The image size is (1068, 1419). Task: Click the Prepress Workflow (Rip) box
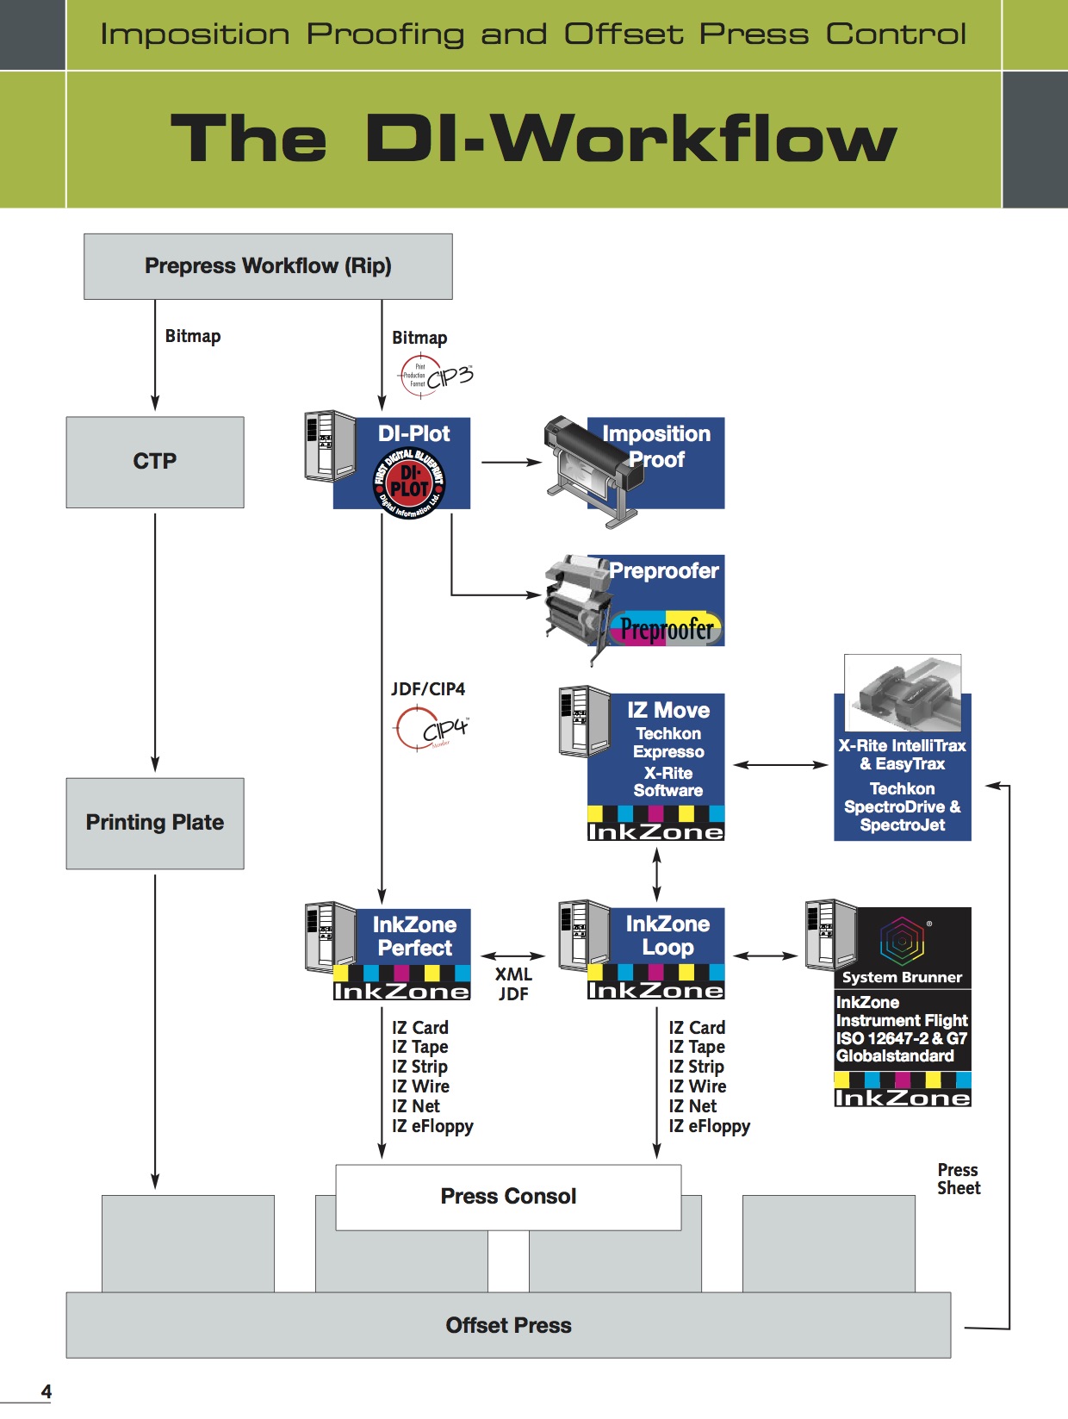pos(268,266)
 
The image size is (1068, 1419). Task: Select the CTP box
pos(155,462)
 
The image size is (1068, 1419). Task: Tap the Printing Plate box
pos(155,823)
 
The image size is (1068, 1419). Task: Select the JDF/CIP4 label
pos(428,689)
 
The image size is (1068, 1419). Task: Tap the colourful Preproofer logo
pos(666,628)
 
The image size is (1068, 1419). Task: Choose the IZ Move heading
pos(668,711)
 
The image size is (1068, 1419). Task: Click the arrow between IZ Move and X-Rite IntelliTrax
pos(780,764)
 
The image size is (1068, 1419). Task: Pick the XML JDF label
pos(513,984)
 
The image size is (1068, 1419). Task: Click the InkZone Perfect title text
pos(414,937)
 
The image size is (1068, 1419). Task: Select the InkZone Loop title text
pos(667,936)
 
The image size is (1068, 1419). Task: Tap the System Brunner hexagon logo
pos(902,940)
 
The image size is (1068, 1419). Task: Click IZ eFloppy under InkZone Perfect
pos(432,1126)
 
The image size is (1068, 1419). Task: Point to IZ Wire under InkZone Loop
pos(697,1086)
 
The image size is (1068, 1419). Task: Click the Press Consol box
pos(508,1197)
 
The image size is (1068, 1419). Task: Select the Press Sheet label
pos(959,1179)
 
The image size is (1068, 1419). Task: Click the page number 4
pos(47,1391)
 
